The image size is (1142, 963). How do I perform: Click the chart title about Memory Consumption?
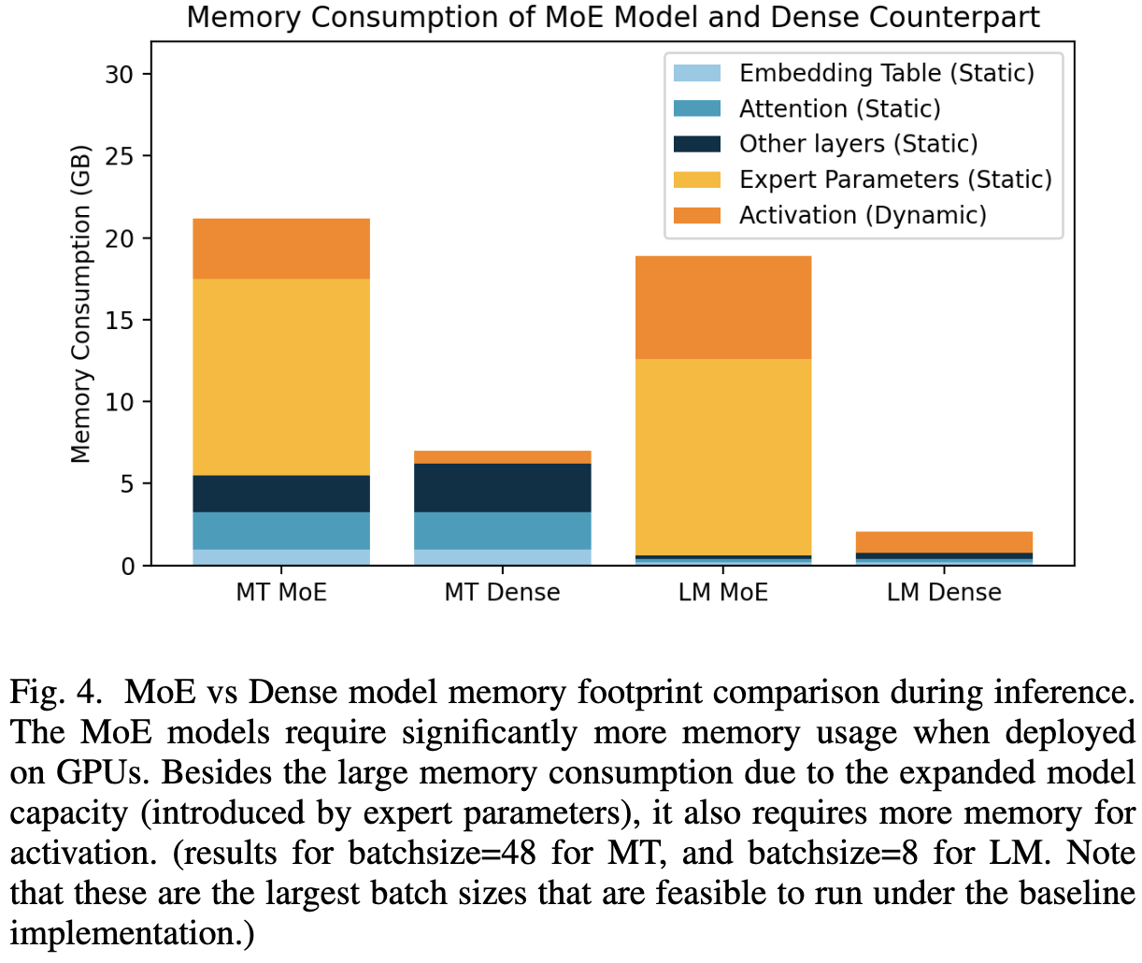pos(613,18)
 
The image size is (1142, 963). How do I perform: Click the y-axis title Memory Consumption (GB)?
pos(81,304)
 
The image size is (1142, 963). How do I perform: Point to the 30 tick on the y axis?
pos(119,75)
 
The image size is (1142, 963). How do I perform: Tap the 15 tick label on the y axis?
pos(120,321)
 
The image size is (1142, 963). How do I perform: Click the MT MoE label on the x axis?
pos(281,593)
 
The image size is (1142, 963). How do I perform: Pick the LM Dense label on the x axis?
pos(944,593)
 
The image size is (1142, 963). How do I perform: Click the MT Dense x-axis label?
pos(502,593)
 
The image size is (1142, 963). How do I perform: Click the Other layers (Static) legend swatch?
pos(697,144)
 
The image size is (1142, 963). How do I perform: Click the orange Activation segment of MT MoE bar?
pos(281,249)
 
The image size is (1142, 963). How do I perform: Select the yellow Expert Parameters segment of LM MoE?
pos(723,457)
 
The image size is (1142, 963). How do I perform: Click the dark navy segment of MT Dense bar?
pos(502,487)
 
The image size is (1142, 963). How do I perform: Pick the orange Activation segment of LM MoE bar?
pos(723,308)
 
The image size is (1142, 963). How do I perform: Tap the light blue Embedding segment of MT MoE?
pos(281,557)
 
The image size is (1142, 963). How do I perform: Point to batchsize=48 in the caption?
pos(442,854)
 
